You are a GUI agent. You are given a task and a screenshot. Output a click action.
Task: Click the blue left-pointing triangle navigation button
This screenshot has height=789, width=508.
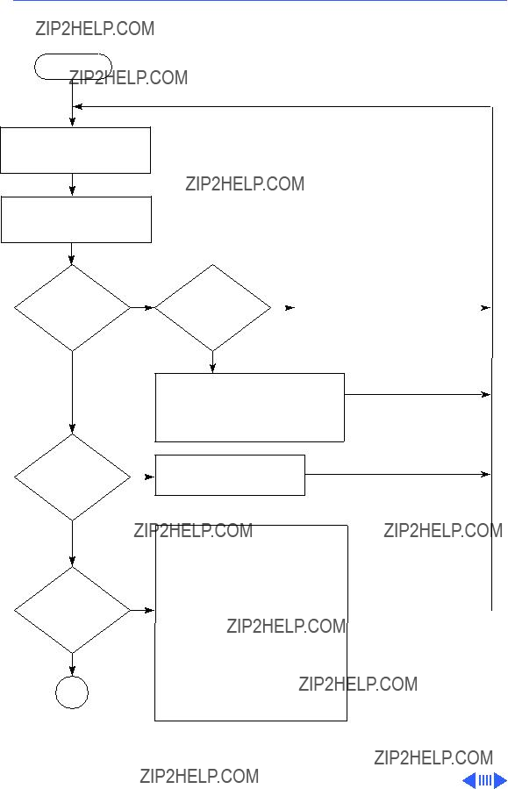pos(469,780)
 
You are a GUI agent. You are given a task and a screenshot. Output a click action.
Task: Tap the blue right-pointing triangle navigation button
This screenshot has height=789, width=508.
pos(500,780)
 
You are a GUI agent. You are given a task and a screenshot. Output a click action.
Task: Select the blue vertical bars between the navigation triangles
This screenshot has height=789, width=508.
pos(485,780)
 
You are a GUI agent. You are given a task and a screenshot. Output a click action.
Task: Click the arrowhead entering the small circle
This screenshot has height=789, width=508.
pos(72,671)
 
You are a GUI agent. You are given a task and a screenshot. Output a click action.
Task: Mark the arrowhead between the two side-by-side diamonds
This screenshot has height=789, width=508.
pos(149,307)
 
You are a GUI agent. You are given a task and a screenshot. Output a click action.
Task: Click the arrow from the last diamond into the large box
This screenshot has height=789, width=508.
pos(142,610)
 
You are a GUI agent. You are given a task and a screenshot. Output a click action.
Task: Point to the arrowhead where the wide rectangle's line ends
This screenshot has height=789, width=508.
pos(486,395)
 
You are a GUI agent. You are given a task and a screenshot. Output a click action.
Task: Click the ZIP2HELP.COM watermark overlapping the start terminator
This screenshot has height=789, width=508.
pos(128,77)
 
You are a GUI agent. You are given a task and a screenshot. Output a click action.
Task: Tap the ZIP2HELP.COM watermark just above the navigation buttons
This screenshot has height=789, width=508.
pos(433,757)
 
